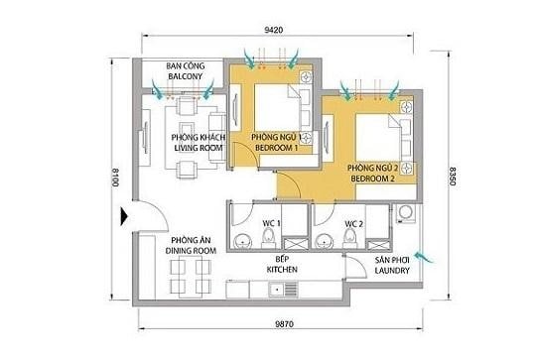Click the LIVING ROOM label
click(x=195, y=144)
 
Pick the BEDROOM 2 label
click(x=373, y=175)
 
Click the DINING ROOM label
click(x=186, y=246)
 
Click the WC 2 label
click(x=354, y=224)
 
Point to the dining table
click(x=187, y=282)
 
